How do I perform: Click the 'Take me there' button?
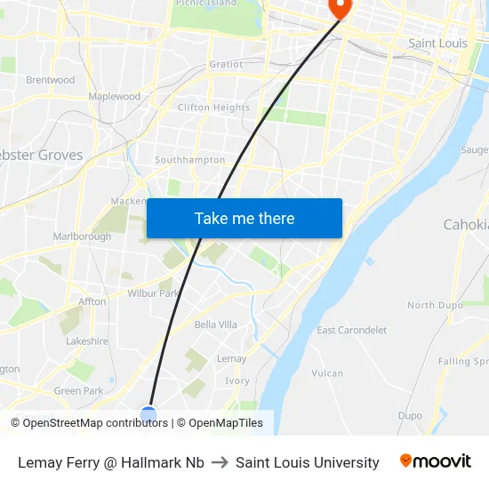tap(244, 219)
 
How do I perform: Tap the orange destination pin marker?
tap(340, 8)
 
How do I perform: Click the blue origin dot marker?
tap(148, 414)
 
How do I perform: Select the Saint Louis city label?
tap(438, 43)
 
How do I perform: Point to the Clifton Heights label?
tap(213, 108)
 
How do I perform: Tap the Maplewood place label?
tap(114, 96)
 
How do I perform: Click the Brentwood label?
tap(51, 79)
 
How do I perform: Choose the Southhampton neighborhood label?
tap(189, 160)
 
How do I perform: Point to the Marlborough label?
tap(82, 236)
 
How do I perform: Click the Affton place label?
tap(92, 301)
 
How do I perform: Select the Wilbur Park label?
tap(154, 293)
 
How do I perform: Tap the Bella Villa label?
tap(215, 325)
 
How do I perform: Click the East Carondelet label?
tap(352, 330)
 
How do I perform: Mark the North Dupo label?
tap(434, 305)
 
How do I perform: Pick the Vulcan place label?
tap(327, 373)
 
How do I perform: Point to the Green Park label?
tap(79, 390)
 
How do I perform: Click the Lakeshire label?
tap(87, 341)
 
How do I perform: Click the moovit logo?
tap(436, 461)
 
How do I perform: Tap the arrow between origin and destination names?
tap(220, 462)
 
